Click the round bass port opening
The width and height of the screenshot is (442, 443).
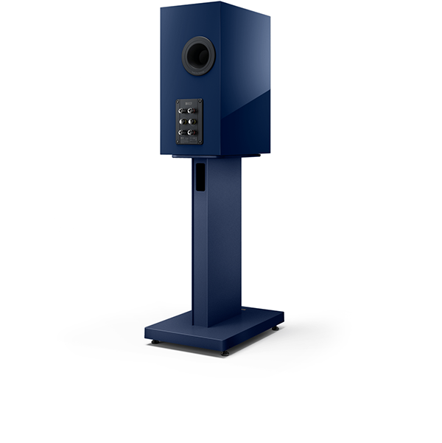[199, 55]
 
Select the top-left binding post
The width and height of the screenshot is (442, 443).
[181, 111]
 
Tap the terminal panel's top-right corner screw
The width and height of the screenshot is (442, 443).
[199, 102]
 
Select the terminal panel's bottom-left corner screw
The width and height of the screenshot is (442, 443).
[178, 141]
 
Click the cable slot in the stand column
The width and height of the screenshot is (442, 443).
[200, 177]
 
